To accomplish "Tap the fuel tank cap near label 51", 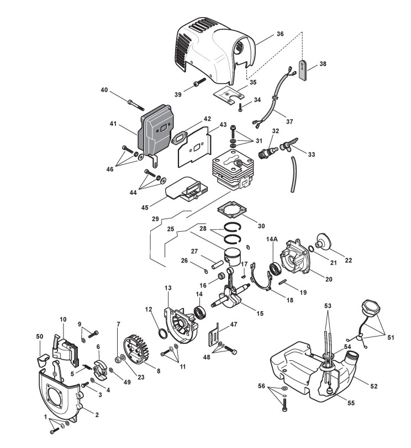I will [368, 308].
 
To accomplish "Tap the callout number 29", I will [156, 219].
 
